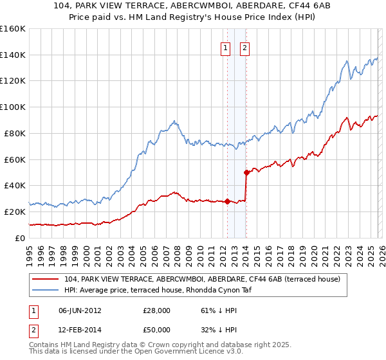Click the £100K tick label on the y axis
tap(12, 107)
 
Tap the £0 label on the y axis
tap(19, 238)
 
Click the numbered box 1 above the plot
tap(226, 47)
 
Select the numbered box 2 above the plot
tap(246, 47)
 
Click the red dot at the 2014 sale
tap(246, 172)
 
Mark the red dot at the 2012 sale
tap(227, 201)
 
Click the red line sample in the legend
tap(46, 279)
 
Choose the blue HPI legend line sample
tap(46, 290)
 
